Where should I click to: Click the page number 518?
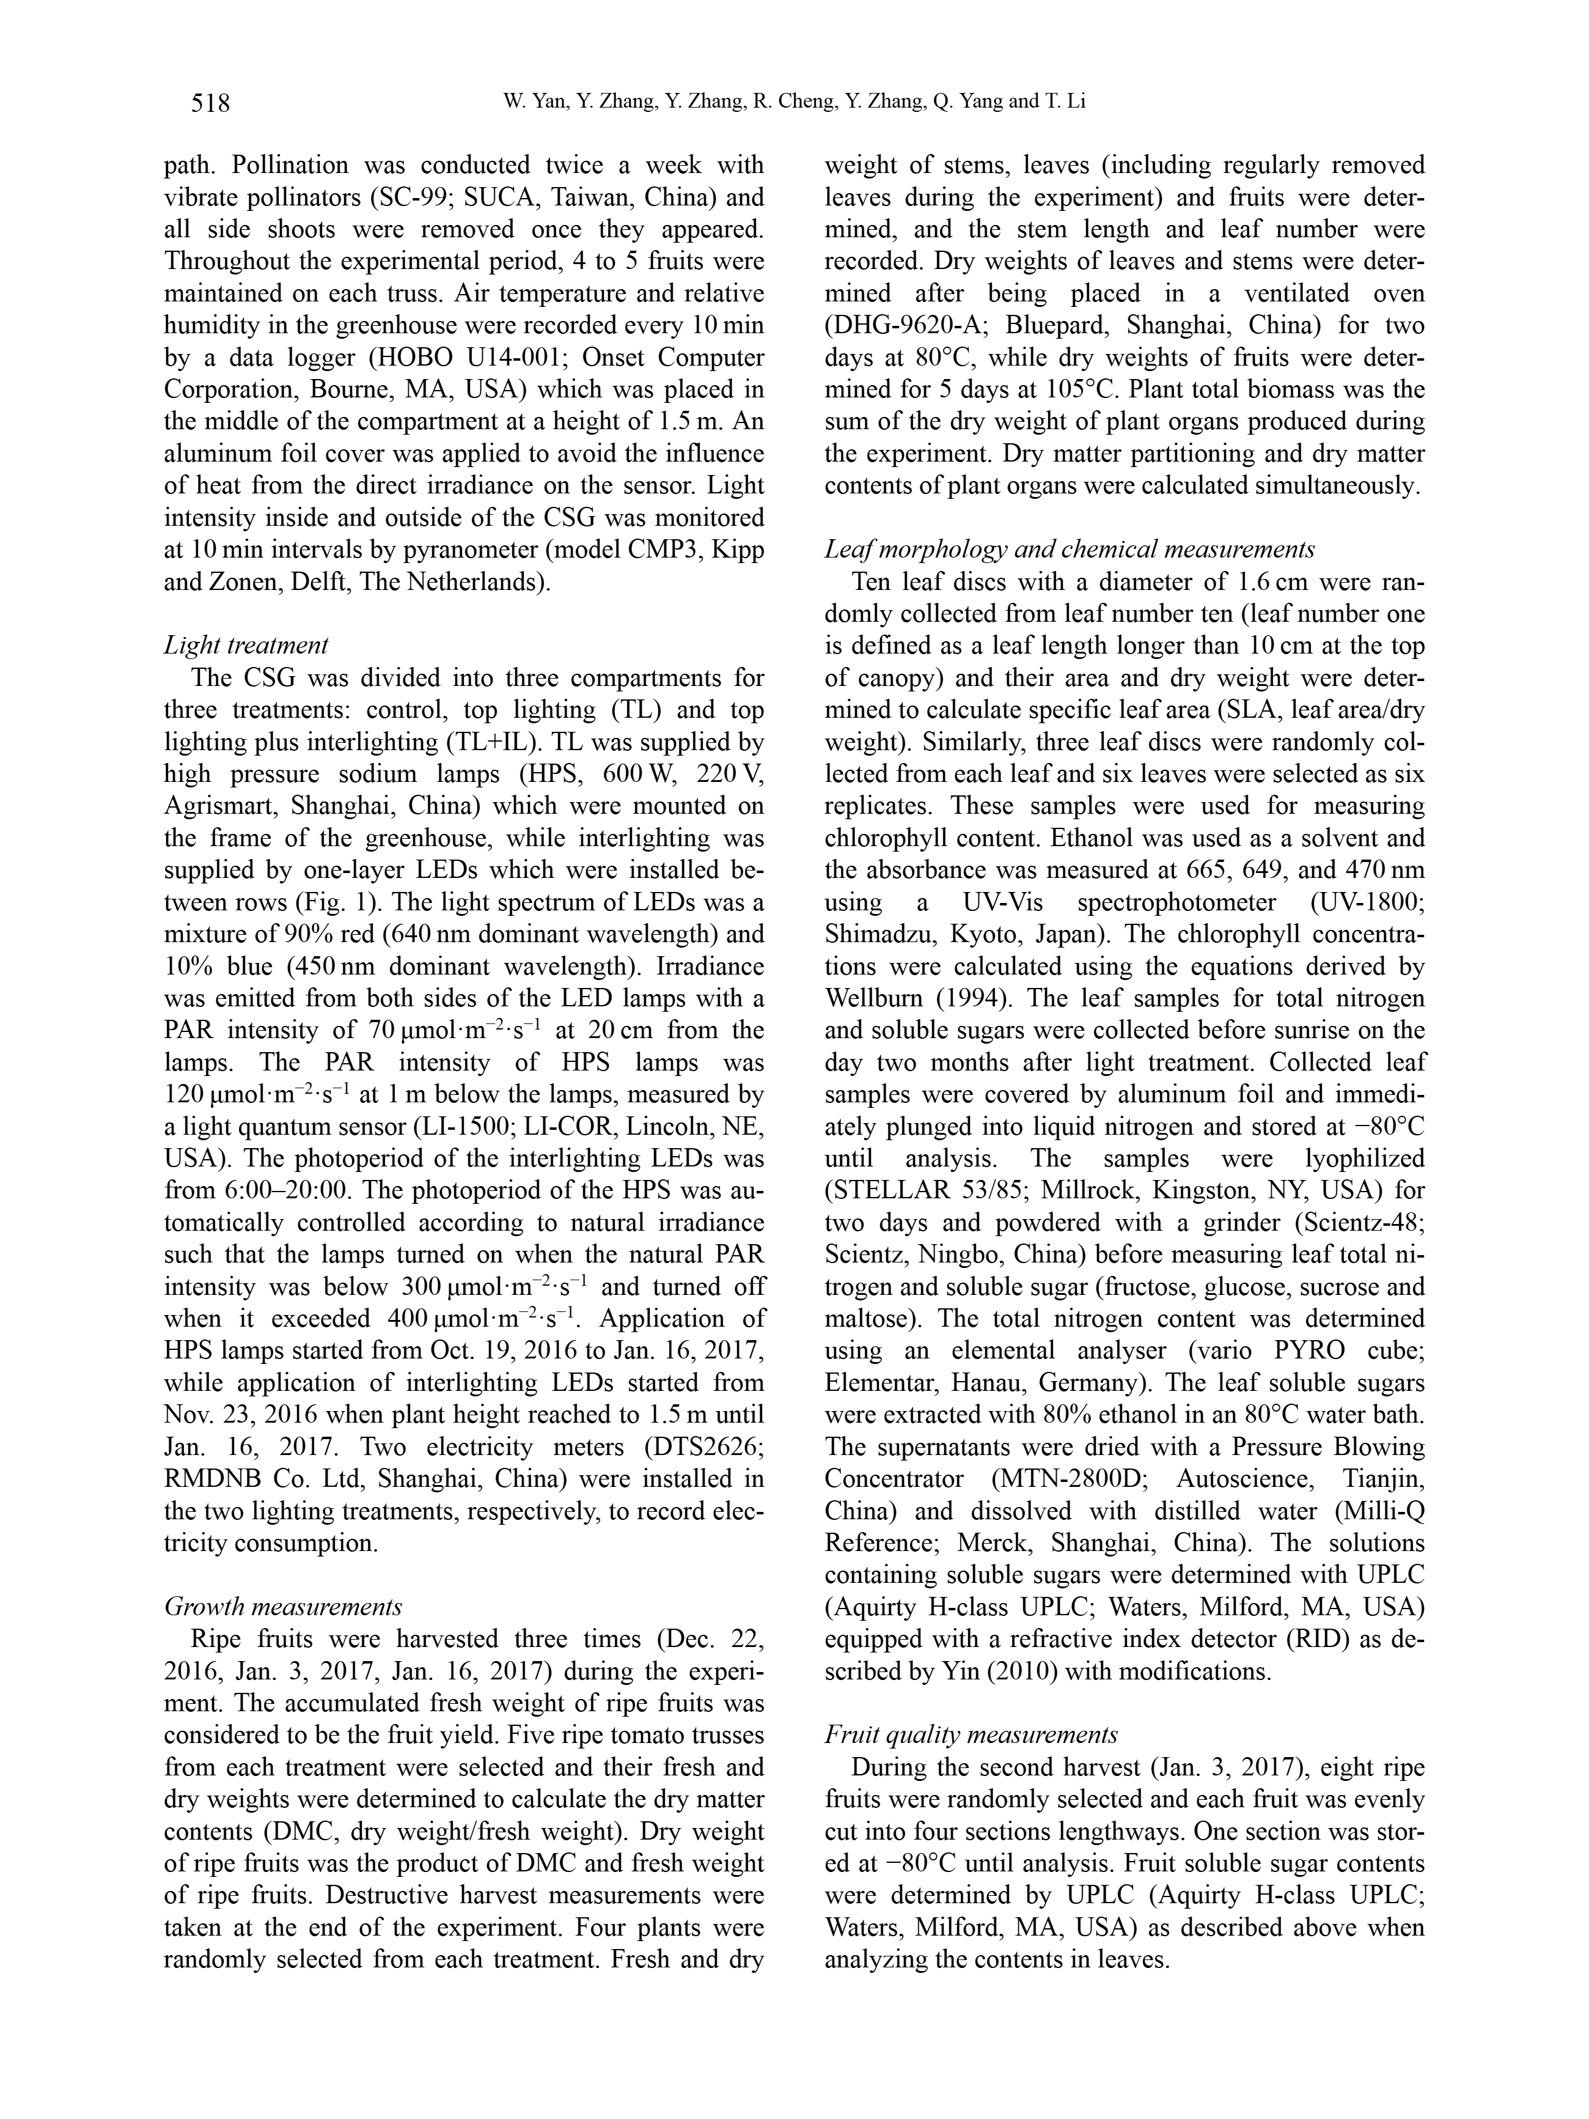pyautogui.click(x=211, y=101)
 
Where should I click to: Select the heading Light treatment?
pyautogui.click(x=246, y=645)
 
